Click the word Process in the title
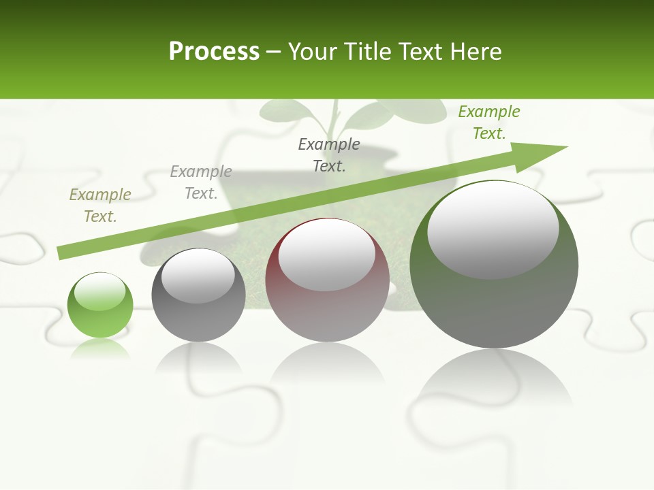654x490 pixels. pos(214,52)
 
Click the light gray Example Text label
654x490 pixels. pos(201,182)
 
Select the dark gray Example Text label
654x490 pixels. pos(329,155)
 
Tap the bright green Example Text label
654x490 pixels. pos(489,122)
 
